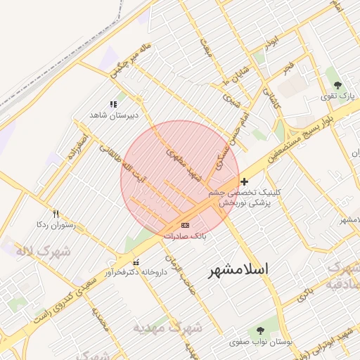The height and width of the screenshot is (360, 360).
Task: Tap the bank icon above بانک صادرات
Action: point(185,225)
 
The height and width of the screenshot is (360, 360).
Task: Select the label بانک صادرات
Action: point(185,236)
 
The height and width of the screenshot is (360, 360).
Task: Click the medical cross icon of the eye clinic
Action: point(244,181)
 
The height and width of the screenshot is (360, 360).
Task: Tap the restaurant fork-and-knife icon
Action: point(56,214)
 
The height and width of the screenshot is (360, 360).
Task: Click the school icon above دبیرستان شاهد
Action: point(114,104)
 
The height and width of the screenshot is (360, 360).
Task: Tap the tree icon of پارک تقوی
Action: point(338,86)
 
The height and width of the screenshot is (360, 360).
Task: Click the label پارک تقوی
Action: point(335,96)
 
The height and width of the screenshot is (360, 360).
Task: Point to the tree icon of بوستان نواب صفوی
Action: point(261,330)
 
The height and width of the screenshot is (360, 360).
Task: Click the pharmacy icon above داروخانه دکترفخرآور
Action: point(136,262)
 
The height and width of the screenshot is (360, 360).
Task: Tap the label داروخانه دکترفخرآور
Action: point(136,272)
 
